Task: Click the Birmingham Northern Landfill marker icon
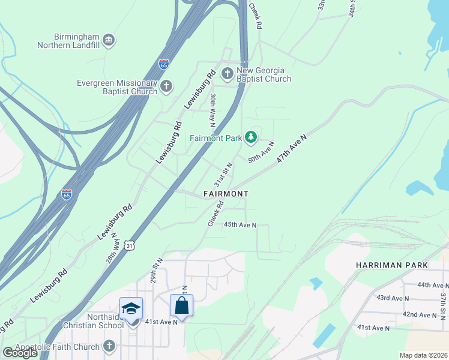pyautogui.click(x=108, y=40)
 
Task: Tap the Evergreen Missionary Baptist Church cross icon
pyautogui.click(x=166, y=87)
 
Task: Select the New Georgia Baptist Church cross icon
pyautogui.click(x=228, y=74)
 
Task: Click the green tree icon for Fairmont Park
pyautogui.click(x=251, y=138)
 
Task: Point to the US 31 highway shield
pyautogui.click(x=130, y=245)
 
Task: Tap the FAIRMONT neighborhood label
pyautogui.click(x=226, y=194)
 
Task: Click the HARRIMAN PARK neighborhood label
pyautogui.click(x=391, y=265)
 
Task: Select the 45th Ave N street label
pyautogui.click(x=240, y=225)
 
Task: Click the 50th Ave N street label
pyautogui.click(x=261, y=152)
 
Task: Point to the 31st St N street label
pyautogui.click(x=223, y=174)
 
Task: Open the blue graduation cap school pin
pyautogui.click(x=131, y=308)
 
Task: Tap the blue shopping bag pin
pyautogui.click(x=181, y=305)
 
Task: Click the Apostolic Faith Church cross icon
pyautogui.click(x=109, y=346)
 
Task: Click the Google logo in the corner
pyautogui.click(x=20, y=353)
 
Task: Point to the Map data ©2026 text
pyautogui.click(x=423, y=355)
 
